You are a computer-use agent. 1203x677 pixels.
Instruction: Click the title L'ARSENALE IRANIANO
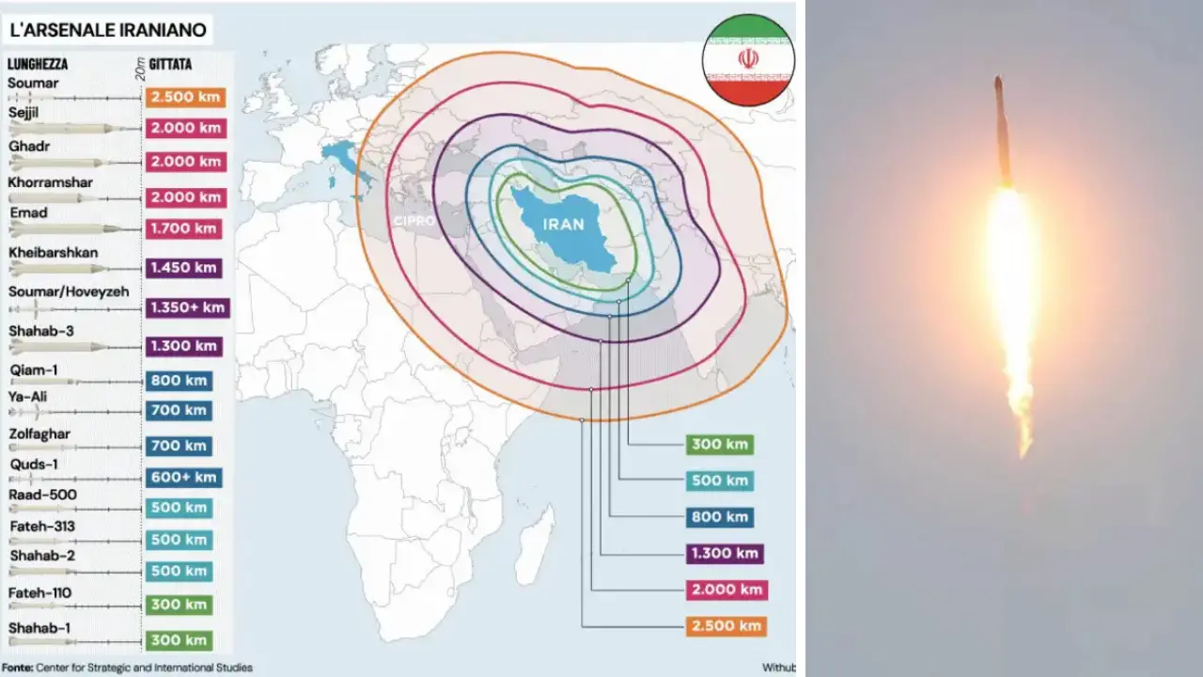point(107,29)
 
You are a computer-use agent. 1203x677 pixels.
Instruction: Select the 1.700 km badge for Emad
point(183,228)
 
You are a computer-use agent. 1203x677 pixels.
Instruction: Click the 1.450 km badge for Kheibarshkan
point(183,267)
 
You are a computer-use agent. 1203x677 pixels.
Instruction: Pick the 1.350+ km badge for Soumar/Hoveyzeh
point(188,307)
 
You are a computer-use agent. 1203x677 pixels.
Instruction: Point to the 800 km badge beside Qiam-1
point(179,381)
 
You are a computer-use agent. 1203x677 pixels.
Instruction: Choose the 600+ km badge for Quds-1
point(183,477)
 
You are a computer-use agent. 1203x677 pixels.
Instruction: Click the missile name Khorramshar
point(51,181)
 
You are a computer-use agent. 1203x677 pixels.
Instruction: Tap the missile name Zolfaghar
point(40,434)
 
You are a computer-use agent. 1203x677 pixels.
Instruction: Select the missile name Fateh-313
point(41,526)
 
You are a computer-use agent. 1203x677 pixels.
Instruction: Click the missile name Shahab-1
point(39,627)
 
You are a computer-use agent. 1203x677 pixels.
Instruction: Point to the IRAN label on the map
point(563,224)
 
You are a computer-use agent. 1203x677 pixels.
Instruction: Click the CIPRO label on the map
point(414,220)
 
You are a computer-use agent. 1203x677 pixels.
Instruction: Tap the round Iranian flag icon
point(748,59)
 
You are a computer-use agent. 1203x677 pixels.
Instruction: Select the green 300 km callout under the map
point(720,445)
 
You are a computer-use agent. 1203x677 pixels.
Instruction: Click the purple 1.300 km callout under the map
point(724,553)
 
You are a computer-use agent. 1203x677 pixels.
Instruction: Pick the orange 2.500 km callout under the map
point(725,625)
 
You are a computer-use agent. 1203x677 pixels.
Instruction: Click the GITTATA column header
point(170,64)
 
